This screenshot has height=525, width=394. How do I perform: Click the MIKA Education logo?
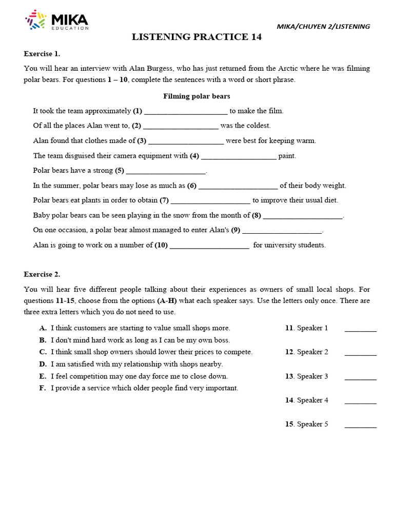point(56,21)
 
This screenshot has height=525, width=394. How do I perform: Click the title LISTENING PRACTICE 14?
point(196,37)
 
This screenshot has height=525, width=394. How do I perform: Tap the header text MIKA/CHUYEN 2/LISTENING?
point(323,27)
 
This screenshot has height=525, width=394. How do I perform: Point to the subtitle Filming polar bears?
point(196,96)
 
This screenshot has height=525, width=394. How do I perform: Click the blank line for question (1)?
point(186,111)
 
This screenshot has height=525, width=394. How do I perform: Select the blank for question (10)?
point(209,246)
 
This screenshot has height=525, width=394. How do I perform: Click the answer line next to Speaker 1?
point(360,329)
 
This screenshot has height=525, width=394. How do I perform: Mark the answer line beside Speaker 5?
point(360,425)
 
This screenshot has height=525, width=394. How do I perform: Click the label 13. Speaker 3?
point(306,376)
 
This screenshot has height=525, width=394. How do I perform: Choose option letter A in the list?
point(43,328)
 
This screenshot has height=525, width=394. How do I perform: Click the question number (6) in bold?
point(192,186)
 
